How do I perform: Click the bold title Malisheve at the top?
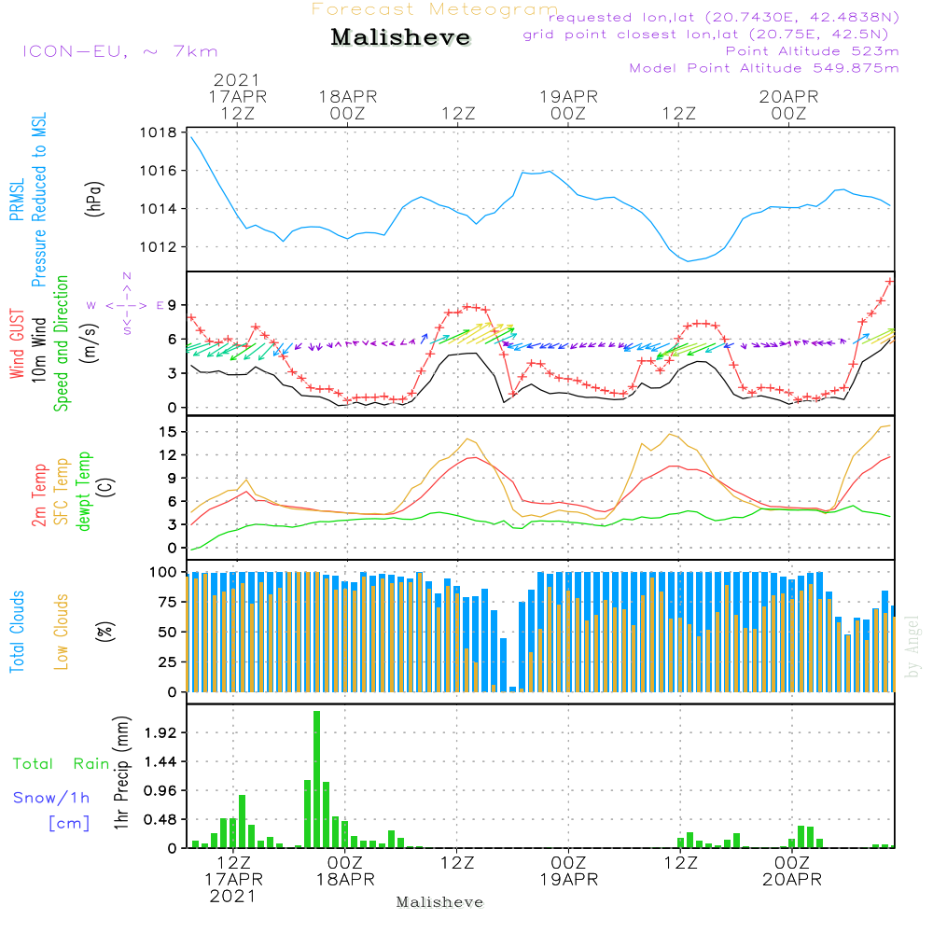[400, 37]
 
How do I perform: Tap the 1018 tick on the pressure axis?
[159, 132]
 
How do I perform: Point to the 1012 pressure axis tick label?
[159, 247]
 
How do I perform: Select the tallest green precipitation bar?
[316, 779]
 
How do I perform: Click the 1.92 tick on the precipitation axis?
[160, 732]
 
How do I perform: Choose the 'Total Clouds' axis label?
[17, 632]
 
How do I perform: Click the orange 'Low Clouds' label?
[62, 632]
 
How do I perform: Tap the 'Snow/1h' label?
[51, 798]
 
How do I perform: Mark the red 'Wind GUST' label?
[17, 344]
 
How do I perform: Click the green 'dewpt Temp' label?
[83, 491]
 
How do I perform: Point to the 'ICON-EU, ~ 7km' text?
[120, 51]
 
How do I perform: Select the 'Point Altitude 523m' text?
[813, 51]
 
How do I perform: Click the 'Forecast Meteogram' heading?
[435, 9]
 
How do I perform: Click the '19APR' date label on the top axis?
[568, 96]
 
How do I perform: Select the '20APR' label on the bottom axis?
[792, 880]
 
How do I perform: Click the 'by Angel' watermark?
[912, 647]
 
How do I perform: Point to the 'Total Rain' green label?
[62, 763]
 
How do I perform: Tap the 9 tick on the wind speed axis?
[173, 305]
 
